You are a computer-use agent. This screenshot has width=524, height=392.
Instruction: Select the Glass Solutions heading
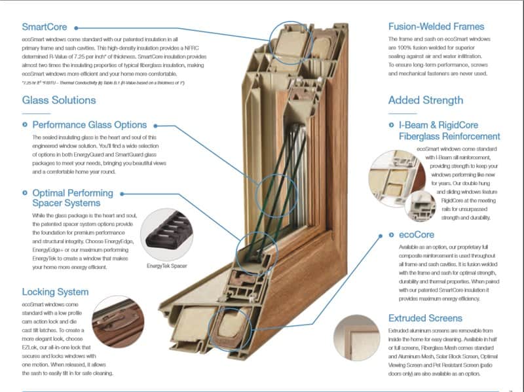coord(59,100)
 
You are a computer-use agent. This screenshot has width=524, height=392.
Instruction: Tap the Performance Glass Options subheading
coord(90,124)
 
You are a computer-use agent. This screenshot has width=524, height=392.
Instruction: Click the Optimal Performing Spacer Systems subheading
coord(72,199)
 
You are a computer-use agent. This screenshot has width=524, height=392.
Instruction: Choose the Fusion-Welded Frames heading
coord(436,27)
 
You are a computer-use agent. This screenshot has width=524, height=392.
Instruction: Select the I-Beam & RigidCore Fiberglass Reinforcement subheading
coord(449,130)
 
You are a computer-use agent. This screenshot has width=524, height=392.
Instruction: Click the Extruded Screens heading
coord(434,318)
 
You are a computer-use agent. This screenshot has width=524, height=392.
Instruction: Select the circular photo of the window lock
coord(119,322)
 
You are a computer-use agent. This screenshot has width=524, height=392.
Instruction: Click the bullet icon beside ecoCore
coord(392,234)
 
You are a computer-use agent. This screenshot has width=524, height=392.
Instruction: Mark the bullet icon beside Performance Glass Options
coord(26,124)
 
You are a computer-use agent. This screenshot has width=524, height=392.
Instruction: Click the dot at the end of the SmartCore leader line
coord(77,27)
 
